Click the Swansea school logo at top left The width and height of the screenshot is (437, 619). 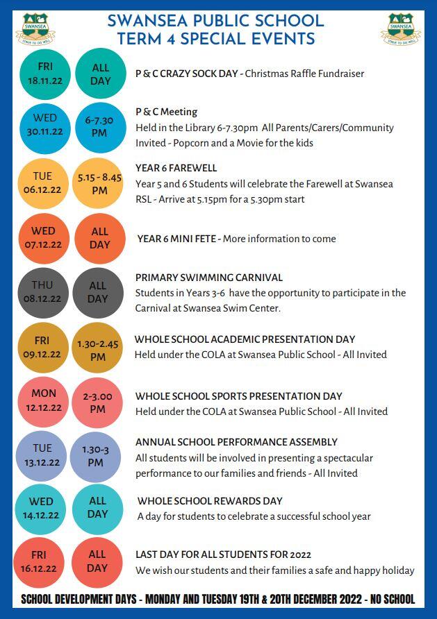(36, 28)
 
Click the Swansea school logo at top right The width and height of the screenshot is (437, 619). (400, 28)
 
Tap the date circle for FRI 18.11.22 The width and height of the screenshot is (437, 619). (45, 73)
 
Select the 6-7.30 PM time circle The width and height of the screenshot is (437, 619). (99, 126)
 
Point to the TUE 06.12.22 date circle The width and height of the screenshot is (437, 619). (42, 183)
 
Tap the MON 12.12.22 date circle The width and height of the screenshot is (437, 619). (44, 401)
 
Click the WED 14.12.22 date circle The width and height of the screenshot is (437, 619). (41, 509)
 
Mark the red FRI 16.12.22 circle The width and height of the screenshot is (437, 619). (39, 562)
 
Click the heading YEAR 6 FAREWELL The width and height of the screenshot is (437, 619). (176, 168)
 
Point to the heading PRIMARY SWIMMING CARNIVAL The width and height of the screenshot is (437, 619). (209, 278)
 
